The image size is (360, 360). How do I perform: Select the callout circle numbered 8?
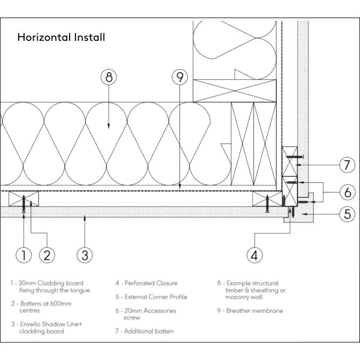point(109,77)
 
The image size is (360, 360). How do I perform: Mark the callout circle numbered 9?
point(179,77)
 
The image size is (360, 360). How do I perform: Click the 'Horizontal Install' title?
point(61,37)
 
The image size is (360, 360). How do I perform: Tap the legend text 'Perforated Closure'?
point(147,283)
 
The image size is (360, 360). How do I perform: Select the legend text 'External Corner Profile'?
point(151,297)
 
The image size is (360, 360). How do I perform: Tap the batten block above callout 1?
point(24,199)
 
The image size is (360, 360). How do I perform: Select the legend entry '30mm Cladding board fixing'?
point(50,286)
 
